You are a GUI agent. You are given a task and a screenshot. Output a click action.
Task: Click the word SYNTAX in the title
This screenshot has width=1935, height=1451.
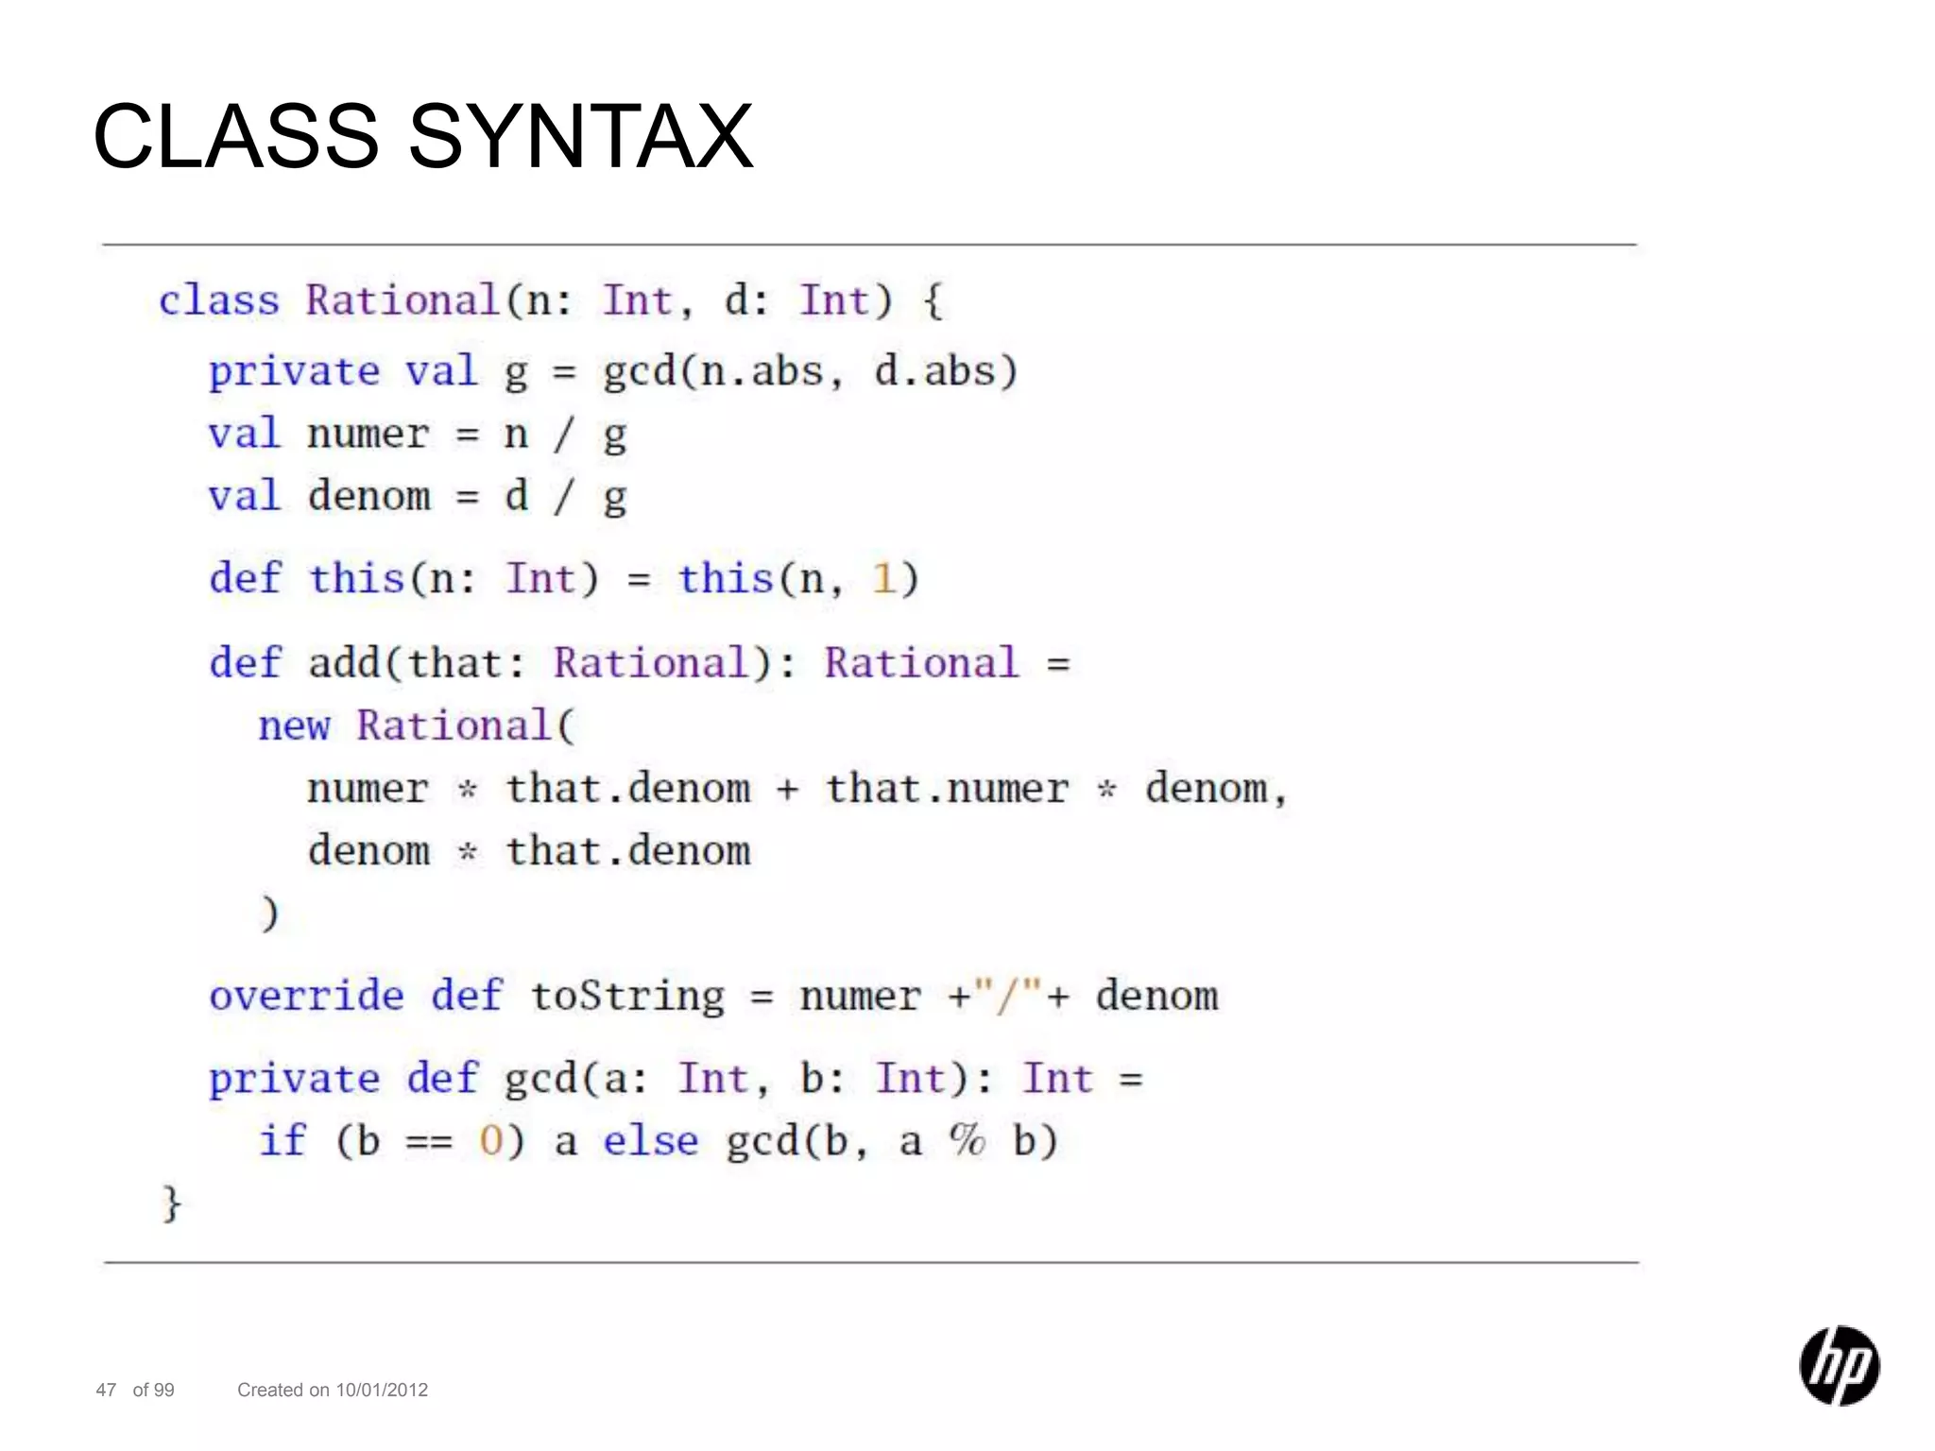coord(580,138)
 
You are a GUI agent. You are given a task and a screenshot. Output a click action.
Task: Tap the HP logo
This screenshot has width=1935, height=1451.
coord(1839,1365)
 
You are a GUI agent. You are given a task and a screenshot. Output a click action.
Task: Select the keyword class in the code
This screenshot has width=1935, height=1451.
coord(219,301)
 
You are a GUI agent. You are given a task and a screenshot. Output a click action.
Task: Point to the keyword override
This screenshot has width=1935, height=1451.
coord(306,996)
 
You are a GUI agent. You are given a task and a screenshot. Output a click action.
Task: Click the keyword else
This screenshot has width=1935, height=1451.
coord(651,1141)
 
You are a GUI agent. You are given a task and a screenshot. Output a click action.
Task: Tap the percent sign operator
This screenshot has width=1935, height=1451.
coord(967,1140)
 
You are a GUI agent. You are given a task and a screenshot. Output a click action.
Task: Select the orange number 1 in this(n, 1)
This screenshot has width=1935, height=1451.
coord(883,579)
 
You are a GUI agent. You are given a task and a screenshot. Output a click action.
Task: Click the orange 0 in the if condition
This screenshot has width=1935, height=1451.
coord(490,1141)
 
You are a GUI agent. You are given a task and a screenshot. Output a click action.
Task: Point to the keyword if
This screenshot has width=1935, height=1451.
coord(283,1141)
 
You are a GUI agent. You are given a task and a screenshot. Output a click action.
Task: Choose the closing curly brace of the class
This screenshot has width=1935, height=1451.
coord(171,1204)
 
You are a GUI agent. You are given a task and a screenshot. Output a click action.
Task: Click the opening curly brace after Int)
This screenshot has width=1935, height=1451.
coord(933,301)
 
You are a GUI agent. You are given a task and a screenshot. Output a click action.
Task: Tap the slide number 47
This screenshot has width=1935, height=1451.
coord(106,1390)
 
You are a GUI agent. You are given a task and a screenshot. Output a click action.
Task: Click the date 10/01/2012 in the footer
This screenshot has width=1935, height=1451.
coord(382,1390)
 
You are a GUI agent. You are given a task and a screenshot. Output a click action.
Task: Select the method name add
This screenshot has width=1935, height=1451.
coord(344,663)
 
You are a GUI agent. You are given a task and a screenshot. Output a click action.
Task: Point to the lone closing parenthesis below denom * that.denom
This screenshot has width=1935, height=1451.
coord(269,913)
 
